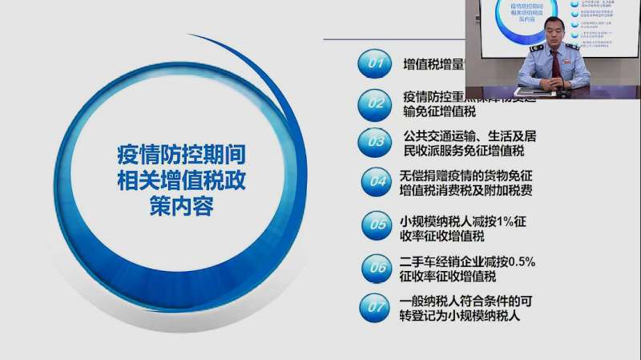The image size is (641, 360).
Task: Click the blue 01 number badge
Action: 374,63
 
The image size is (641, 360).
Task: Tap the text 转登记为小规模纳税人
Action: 460,316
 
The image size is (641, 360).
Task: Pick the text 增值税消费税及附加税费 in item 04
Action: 466,191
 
